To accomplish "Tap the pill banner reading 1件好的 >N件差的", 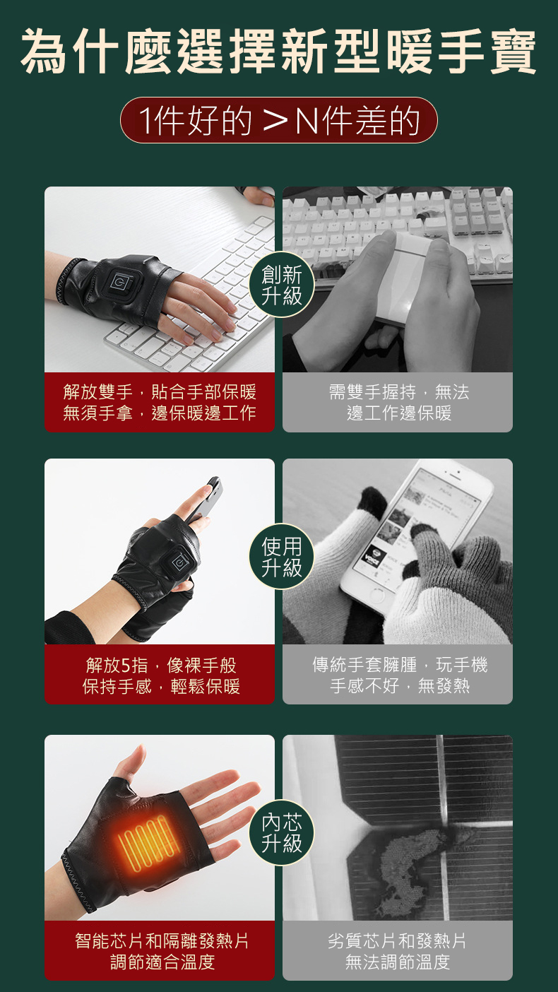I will pyautogui.click(x=279, y=120).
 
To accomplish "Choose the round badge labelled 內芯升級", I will pyautogui.click(x=282, y=832).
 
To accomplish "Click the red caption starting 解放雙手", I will pyautogui.click(x=160, y=402).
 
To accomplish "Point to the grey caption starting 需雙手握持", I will pyautogui.click(x=398, y=402).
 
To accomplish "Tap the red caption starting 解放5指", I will pyautogui.click(x=160, y=675).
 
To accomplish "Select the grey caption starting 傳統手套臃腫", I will pyautogui.click(x=398, y=675).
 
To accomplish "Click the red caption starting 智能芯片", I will pyautogui.click(x=160, y=950).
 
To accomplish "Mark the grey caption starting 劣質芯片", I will pyautogui.click(x=398, y=950).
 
